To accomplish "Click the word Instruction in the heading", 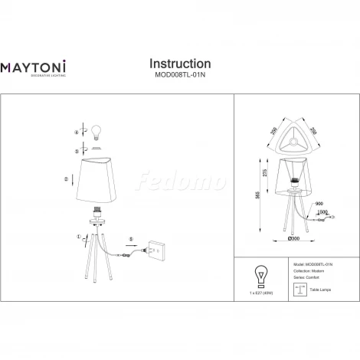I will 179,64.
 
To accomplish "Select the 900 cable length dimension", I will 319,203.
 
